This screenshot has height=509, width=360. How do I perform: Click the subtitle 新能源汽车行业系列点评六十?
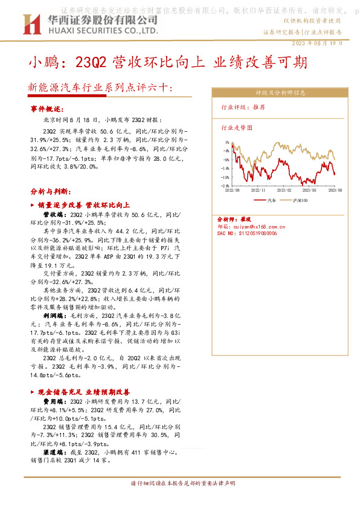99,88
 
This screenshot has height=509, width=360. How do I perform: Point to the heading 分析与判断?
50,191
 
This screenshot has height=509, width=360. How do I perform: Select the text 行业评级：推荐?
243,107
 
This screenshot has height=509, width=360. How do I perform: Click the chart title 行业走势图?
237,128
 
